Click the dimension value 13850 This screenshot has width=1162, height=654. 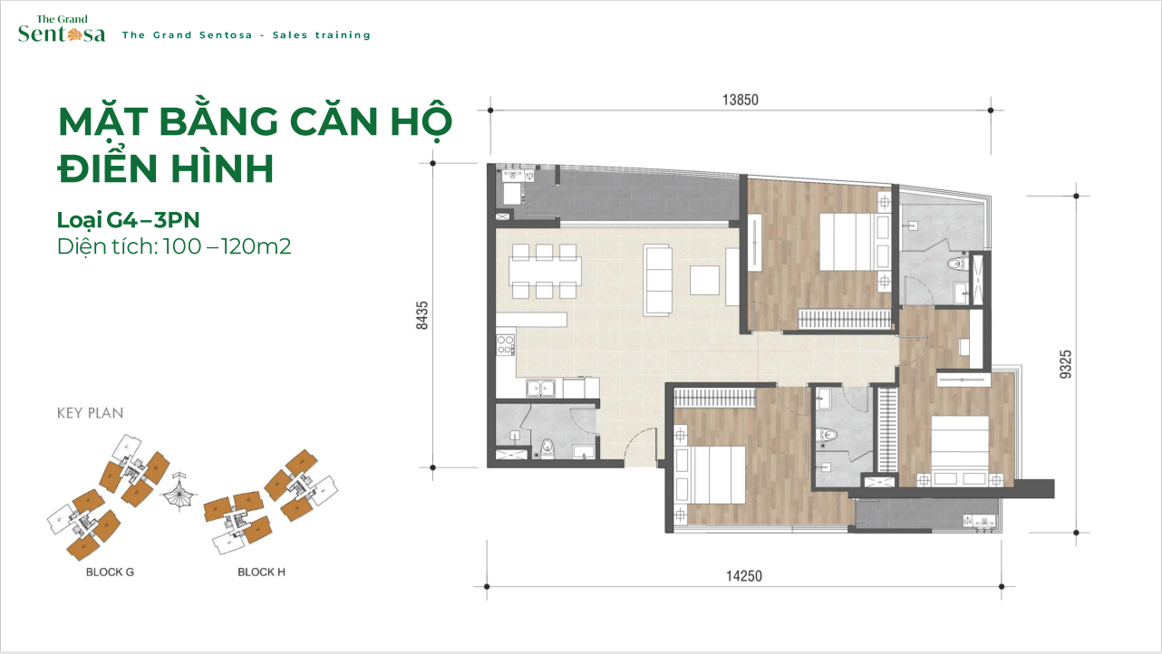741,100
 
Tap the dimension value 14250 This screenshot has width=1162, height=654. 744,576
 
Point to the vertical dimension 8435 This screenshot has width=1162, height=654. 422,315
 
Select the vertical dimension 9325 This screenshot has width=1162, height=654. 1065,364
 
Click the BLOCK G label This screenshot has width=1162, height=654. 110,572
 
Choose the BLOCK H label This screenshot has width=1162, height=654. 261,572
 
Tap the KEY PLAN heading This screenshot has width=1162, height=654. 91,413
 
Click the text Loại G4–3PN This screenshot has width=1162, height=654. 128,220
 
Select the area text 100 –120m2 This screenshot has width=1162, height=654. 227,246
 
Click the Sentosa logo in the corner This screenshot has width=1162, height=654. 62,29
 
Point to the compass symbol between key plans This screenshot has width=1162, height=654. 178,492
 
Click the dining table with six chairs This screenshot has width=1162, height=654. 545,271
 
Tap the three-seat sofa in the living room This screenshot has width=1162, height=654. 658,280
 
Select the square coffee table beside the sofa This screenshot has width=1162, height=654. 704,281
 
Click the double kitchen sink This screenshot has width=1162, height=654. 540,389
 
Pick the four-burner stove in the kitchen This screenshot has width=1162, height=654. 505,345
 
